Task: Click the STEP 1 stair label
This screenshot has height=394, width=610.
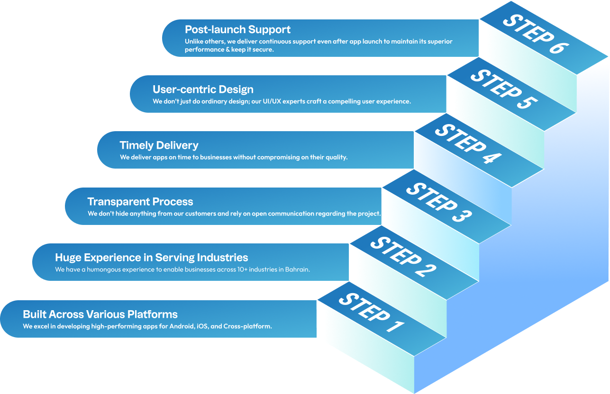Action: [x=372, y=313]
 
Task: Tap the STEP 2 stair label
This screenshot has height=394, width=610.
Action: [x=404, y=257]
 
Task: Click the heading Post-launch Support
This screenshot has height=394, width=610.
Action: [x=237, y=29]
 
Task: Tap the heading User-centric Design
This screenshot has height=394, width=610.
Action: [x=203, y=89]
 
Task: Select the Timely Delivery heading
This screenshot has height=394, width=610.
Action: [x=159, y=145]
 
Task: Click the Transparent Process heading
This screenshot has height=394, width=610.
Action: [x=140, y=201]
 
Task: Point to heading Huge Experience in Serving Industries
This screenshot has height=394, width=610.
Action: [x=152, y=257]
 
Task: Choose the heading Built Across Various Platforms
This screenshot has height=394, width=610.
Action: [x=100, y=314]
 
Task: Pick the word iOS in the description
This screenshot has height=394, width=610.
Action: [x=203, y=326]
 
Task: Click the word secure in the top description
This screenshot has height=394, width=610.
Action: [x=263, y=50]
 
